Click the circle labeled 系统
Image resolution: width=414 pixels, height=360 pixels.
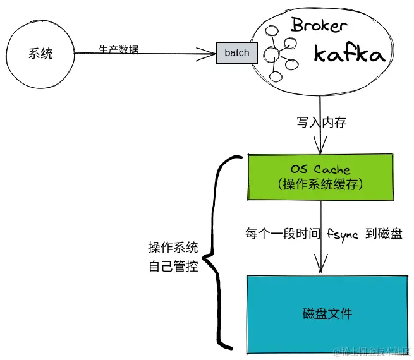point(40,53)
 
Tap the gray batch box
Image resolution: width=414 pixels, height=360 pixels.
point(237,53)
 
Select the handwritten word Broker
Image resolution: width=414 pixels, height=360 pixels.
point(319,26)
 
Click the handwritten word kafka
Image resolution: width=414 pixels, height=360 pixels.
point(349,54)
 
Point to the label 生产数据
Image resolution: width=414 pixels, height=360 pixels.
point(118,49)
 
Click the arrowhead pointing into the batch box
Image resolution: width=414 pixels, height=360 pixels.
point(212,53)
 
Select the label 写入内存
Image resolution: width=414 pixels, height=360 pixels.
point(322,123)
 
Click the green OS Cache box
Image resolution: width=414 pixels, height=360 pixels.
point(320,177)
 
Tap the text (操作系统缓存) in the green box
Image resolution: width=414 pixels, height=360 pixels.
point(321,184)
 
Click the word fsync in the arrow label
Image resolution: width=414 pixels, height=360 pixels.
point(343,233)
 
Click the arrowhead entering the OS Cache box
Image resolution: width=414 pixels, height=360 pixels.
point(321,148)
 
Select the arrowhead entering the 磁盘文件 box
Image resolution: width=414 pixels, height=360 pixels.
point(321,269)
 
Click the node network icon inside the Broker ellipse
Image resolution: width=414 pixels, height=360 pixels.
point(278,54)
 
